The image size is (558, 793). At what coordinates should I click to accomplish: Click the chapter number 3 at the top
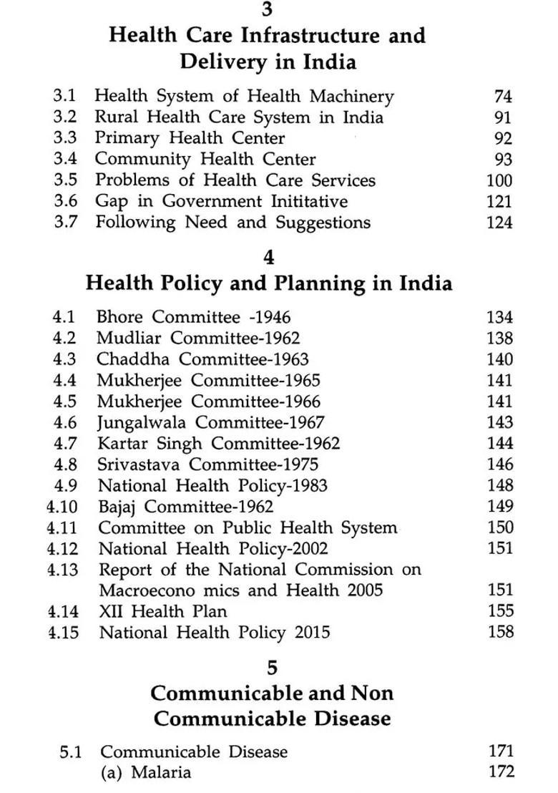pyautogui.click(x=267, y=9)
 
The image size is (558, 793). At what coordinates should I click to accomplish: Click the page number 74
pyautogui.click(x=503, y=96)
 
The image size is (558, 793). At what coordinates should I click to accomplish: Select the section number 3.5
pyautogui.click(x=65, y=180)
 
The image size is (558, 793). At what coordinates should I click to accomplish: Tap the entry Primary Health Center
pyautogui.click(x=190, y=138)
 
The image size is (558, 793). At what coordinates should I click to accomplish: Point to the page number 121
pyautogui.click(x=499, y=201)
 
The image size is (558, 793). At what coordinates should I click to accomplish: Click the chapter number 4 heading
pyautogui.click(x=269, y=256)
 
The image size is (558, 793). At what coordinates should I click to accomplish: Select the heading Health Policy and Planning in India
pyautogui.click(x=269, y=283)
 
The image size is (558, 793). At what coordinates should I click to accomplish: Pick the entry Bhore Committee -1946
pyautogui.click(x=194, y=317)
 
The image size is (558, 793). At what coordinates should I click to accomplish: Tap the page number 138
pyautogui.click(x=499, y=338)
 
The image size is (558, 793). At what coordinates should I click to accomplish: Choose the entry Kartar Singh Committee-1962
pyautogui.click(x=218, y=444)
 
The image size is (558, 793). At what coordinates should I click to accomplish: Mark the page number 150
pyautogui.click(x=499, y=527)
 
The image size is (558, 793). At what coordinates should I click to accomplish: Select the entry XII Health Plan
pyautogui.click(x=162, y=612)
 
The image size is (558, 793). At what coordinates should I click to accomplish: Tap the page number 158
pyautogui.click(x=499, y=631)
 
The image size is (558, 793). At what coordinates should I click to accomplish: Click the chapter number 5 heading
pyautogui.click(x=272, y=667)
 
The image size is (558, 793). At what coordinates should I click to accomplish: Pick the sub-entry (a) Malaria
pyautogui.click(x=146, y=772)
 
